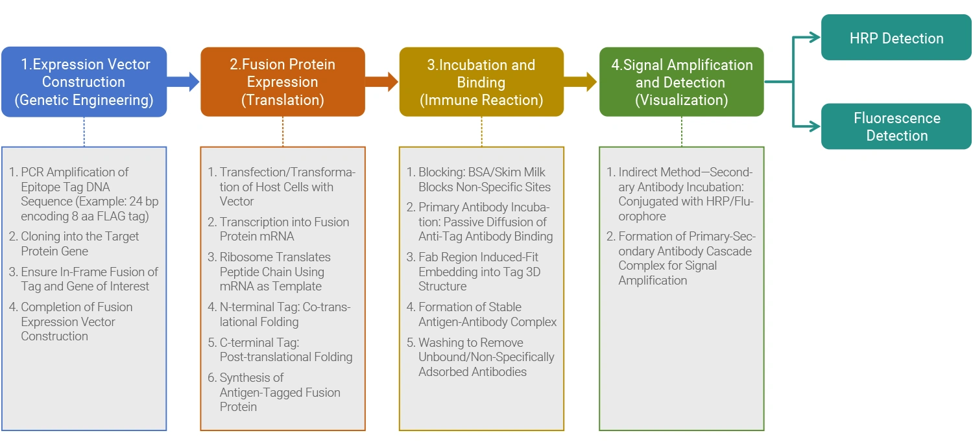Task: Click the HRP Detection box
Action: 896,38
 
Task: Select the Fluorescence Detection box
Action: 896,126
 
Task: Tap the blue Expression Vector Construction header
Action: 84,82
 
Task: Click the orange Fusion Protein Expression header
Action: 282,82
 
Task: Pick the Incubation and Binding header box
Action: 481,82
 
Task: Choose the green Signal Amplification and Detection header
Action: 681,82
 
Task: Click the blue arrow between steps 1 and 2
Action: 184,81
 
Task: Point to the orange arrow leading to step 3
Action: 382,81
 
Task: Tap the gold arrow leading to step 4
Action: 581,81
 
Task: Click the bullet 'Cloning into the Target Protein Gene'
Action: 80,244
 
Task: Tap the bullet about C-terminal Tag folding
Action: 285,349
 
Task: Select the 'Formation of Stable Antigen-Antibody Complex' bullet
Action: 487,314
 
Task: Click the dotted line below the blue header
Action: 84,132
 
